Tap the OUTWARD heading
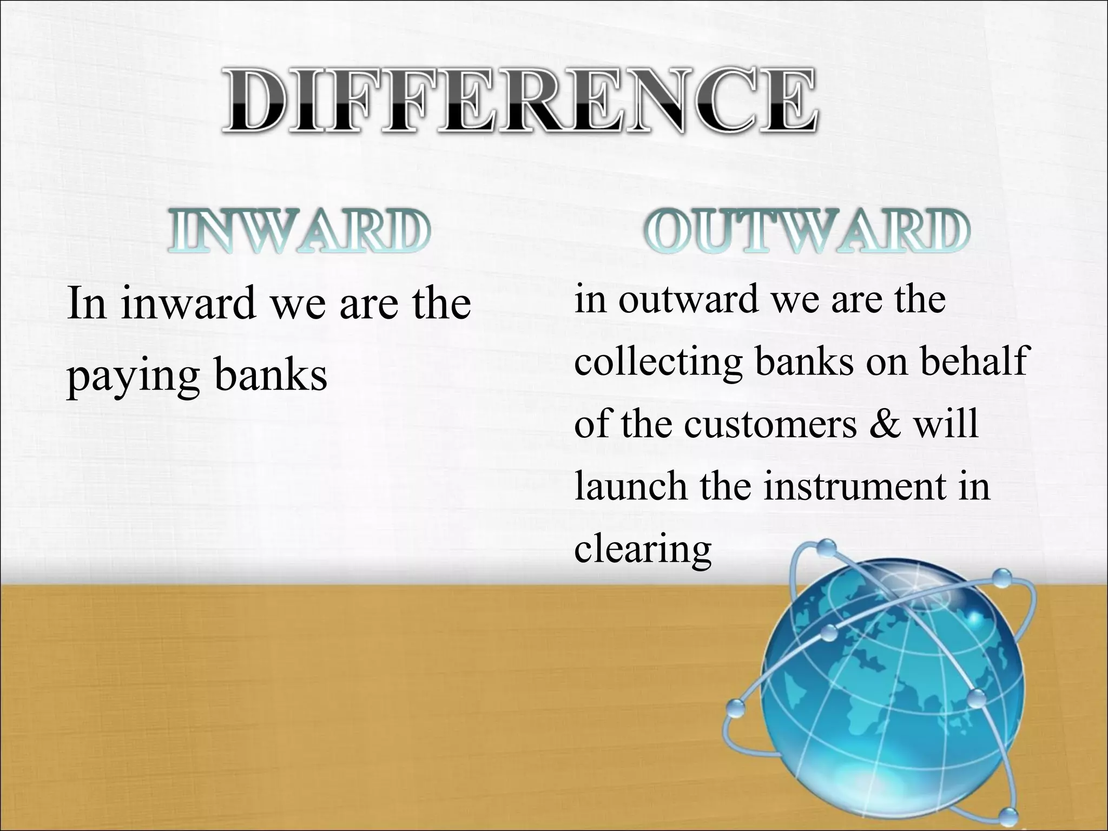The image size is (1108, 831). (x=806, y=232)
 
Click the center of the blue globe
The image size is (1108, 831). (x=893, y=698)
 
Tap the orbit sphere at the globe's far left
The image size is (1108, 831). (x=735, y=707)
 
